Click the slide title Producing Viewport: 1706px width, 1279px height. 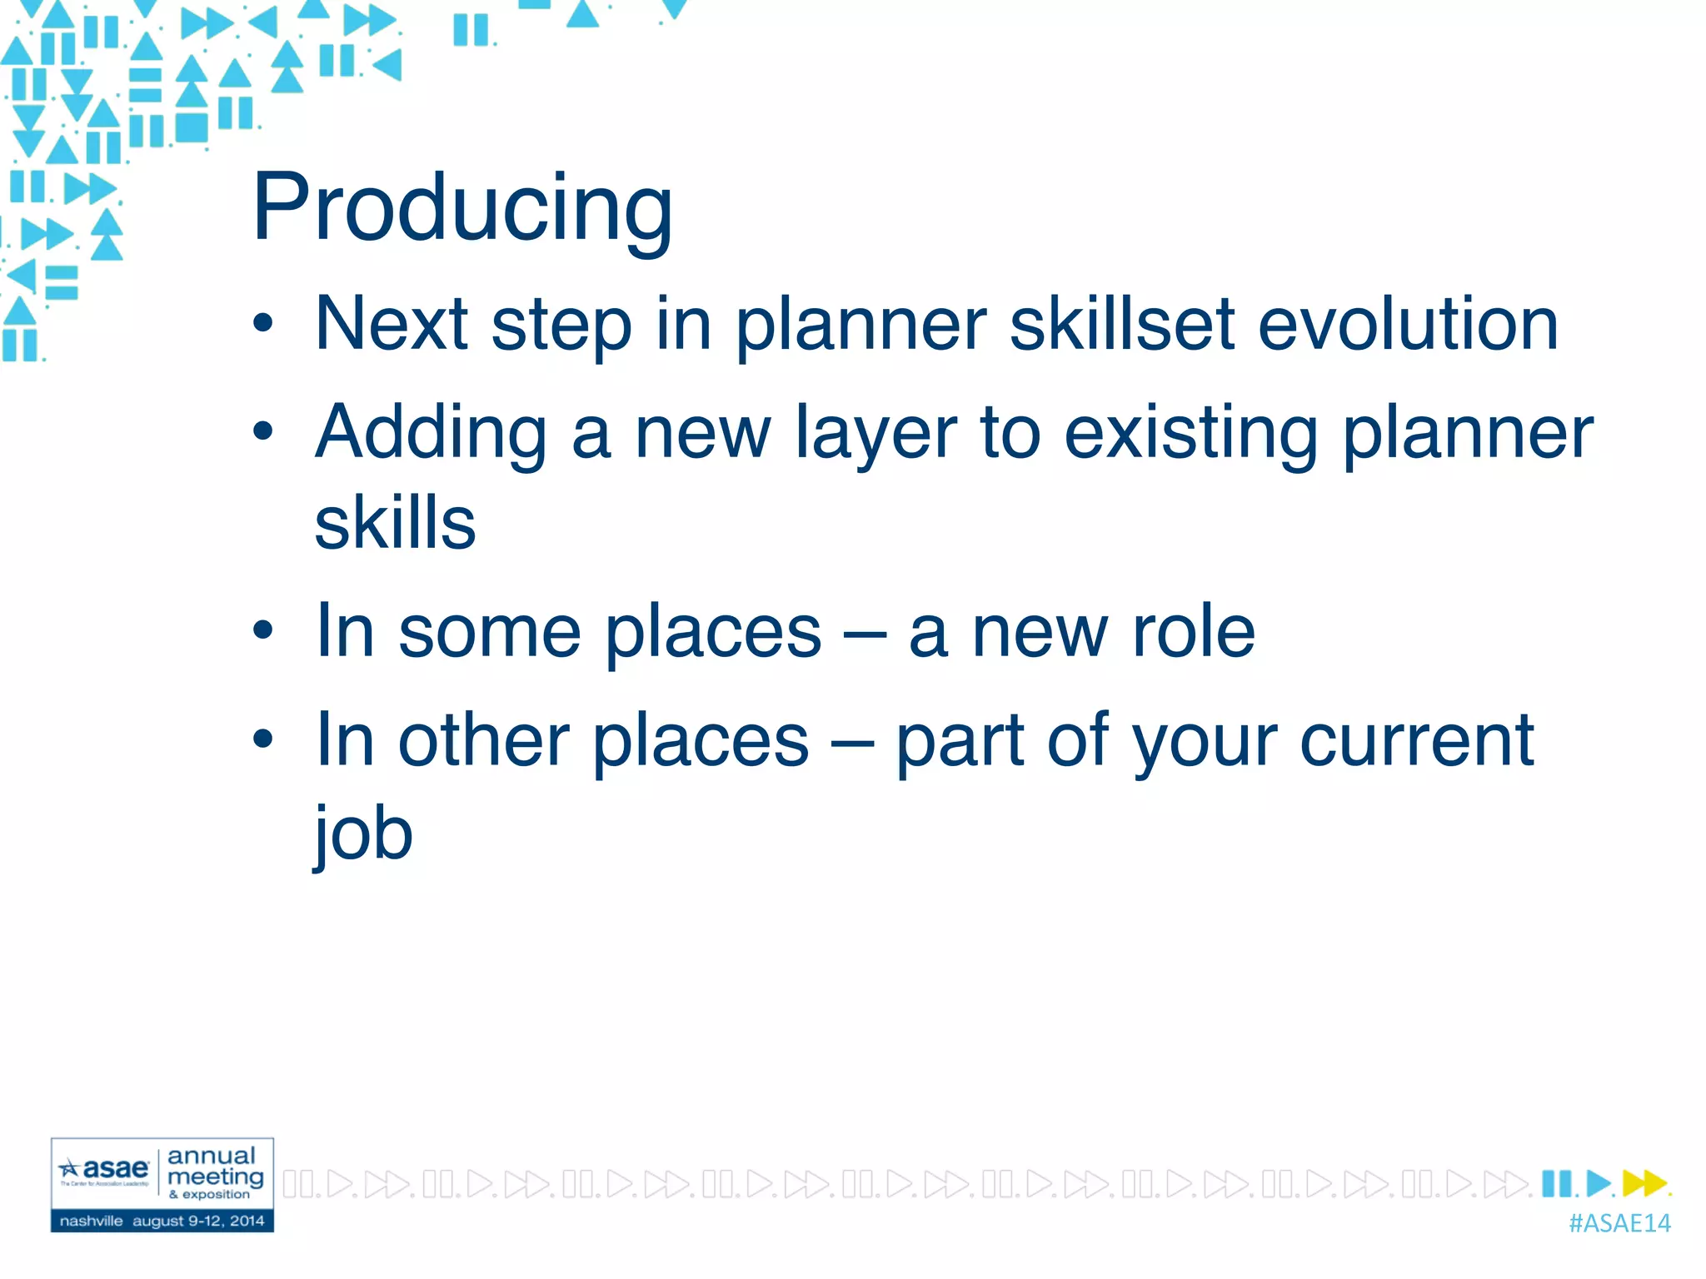(462, 208)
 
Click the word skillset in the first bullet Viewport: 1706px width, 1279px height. (1121, 325)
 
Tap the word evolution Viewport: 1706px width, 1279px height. (1408, 325)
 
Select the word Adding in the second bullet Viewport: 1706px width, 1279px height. (431, 433)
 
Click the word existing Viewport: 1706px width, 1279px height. (1191, 433)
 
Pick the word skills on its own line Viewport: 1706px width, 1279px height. (395, 523)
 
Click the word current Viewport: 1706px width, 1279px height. (1416, 741)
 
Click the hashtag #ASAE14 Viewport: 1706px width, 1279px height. (1619, 1223)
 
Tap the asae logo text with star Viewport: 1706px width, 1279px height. (106, 1169)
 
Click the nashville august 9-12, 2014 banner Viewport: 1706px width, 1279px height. (162, 1222)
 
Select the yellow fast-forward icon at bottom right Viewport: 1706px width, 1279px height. (1643, 1183)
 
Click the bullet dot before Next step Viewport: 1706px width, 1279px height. (263, 323)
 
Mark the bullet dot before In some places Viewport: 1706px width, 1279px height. (263, 631)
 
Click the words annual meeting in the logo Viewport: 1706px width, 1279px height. (214, 1167)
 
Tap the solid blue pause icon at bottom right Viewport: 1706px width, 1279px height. (1555, 1183)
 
